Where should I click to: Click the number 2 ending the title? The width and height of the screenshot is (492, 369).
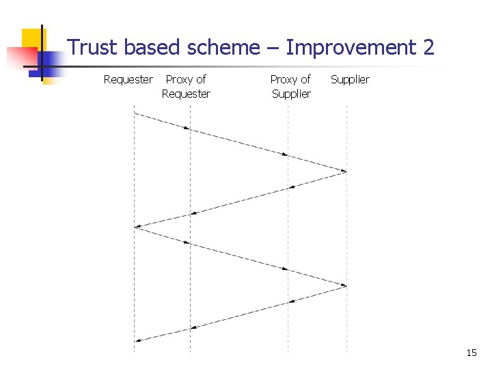pyautogui.click(x=428, y=48)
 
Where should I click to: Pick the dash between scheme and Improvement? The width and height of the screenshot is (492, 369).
pyautogui.click(x=273, y=48)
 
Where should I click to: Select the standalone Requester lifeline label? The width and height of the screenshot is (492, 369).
pyautogui.click(x=128, y=80)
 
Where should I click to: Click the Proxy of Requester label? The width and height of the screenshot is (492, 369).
pyautogui.click(x=186, y=87)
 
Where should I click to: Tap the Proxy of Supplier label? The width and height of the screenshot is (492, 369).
pyautogui.click(x=291, y=87)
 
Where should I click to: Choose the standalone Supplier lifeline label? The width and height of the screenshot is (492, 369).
pyautogui.click(x=350, y=80)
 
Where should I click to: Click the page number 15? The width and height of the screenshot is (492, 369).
pyautogui.click(x=471, y=353)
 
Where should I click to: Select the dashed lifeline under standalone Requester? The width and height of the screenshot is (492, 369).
pyautogui.click(x=134, y=287)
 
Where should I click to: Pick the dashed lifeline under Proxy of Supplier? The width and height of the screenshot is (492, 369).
pyautogui.click(x=288, y=225)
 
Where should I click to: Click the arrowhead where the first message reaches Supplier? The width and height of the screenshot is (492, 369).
pyautogui.click(x=344, y=171)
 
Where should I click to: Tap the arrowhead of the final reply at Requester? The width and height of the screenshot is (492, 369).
pyautogui.click(x=137, y=340)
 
